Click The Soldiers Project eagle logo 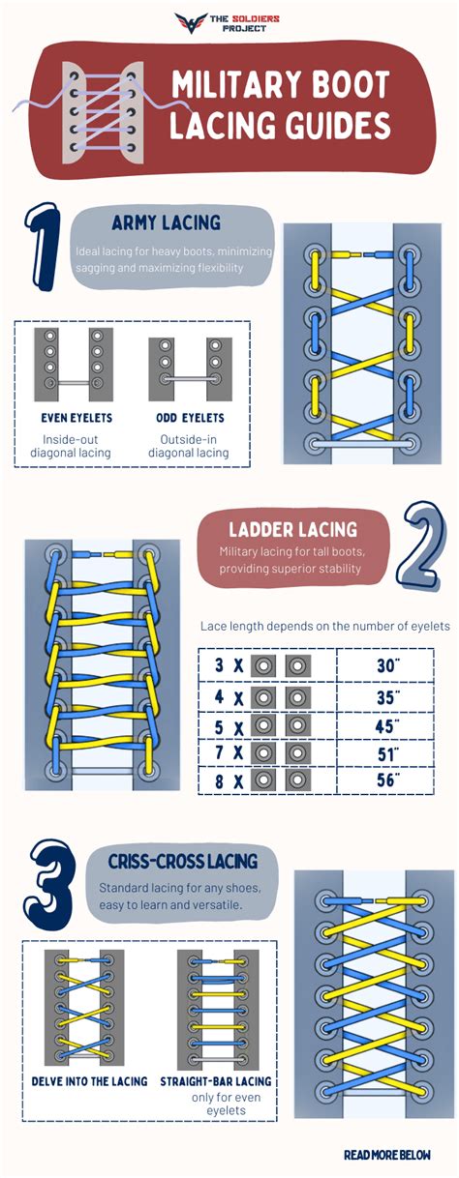(x=191, y=22)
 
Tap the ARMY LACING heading (x=166, y=222)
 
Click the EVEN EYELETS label (x=76, y=418)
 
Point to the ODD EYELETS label (x=190, y=418)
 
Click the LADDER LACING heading (x=292, y=530)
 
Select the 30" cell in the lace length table (x=388, y=665)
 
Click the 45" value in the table (x=387, y=726)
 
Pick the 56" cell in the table (x=388, y=780)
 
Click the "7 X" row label (x=229, y=753)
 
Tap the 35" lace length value (x=388, y=697)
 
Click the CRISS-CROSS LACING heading (x=183, y=862)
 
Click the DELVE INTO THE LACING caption (x=89, y=1081)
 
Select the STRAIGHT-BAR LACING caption (x=216, y=1081)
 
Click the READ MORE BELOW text (x=387, y=1155)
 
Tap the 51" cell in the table (x=388, y=754)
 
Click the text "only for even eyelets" (x=226, y=1104)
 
